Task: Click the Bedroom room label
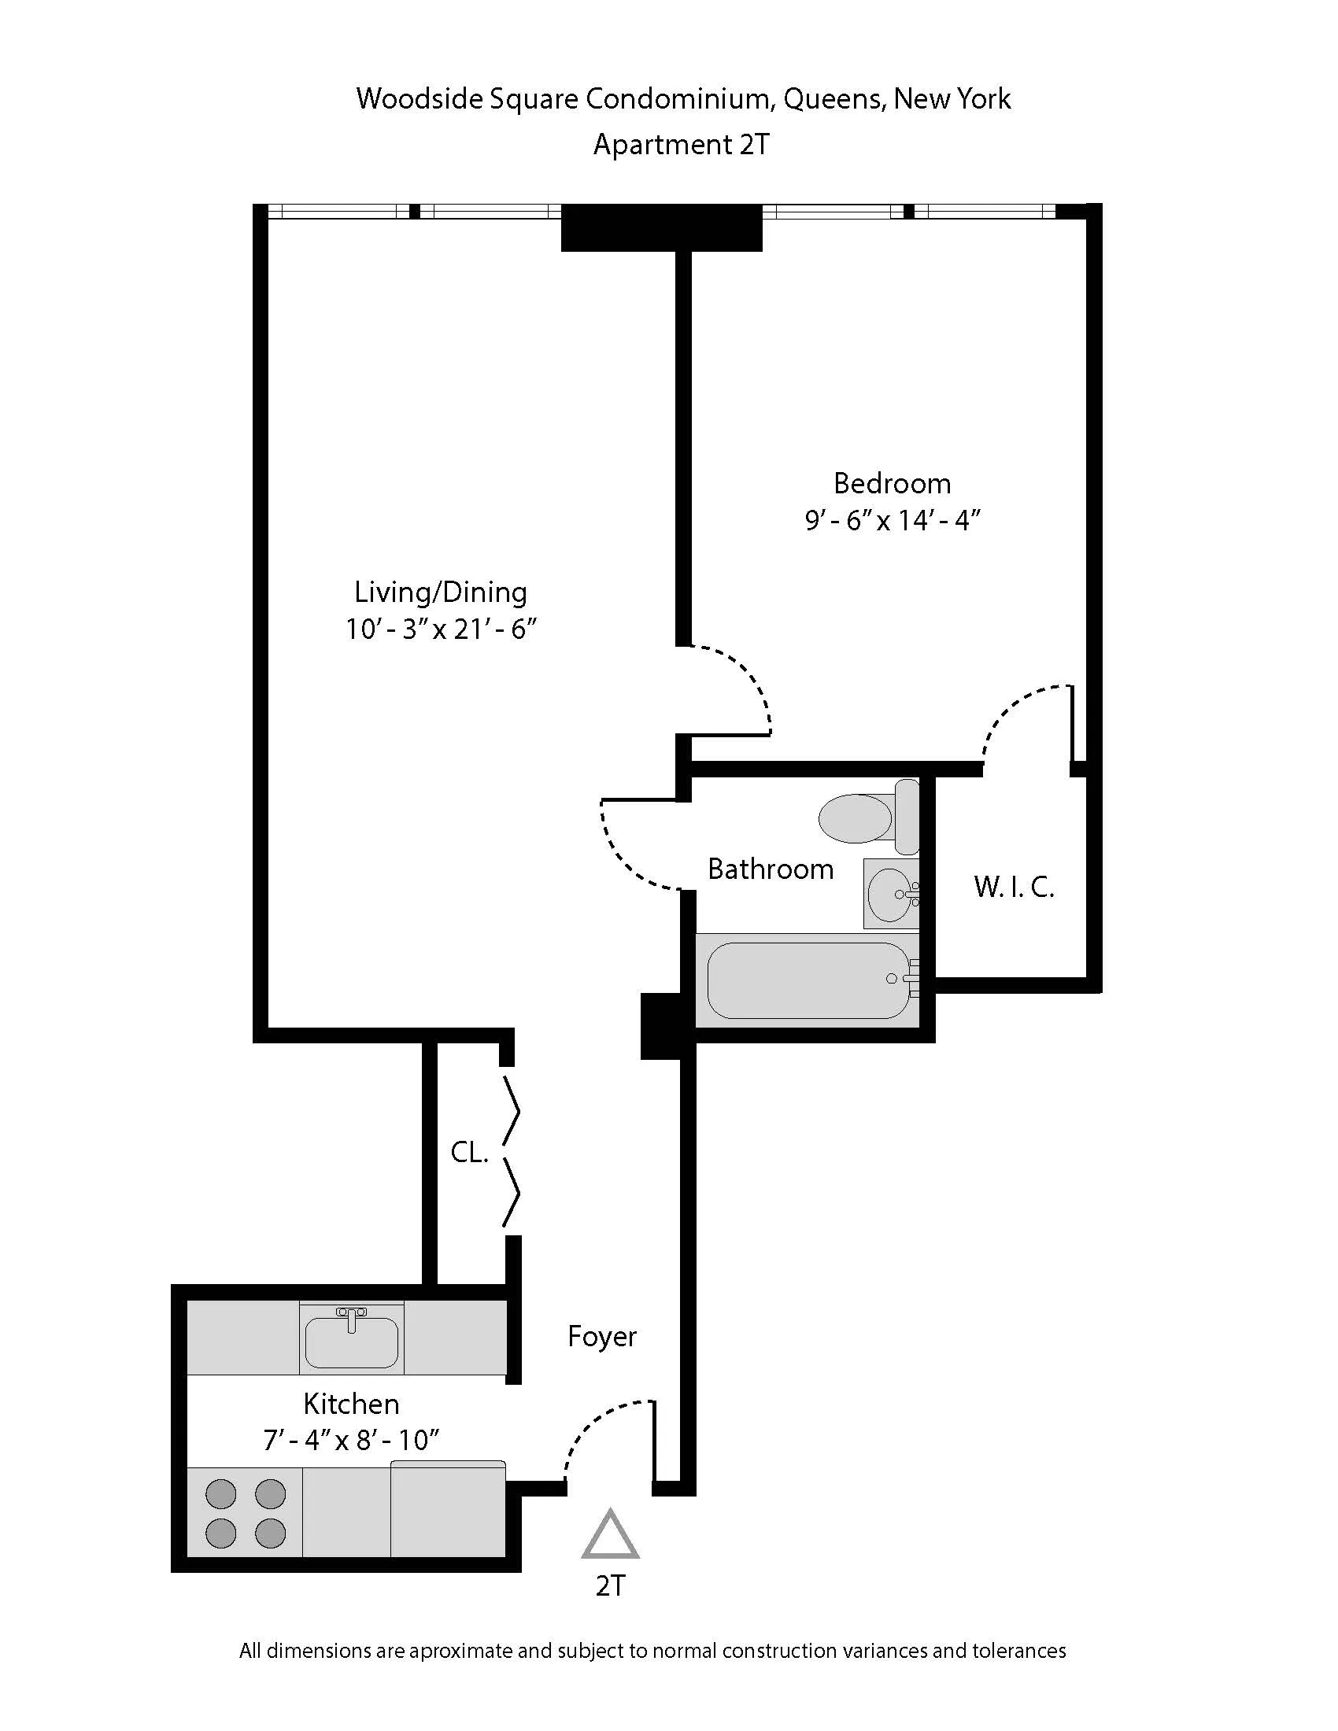pos(892,483)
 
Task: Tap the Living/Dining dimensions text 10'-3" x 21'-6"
pos(441,629)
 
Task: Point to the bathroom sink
pos(891,893)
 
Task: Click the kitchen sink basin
pos(351,1342)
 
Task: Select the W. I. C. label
pos(1014,887)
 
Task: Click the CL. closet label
pos(468,1152)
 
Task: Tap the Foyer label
pos(601,1336)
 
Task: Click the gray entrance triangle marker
pos(609,1537)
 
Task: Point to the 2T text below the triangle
pos(610,1586)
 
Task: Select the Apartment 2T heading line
pos(681,145)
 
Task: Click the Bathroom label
pos(770,869)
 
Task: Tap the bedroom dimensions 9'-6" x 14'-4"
pos(893,521)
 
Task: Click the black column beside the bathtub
pos(660,1025)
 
